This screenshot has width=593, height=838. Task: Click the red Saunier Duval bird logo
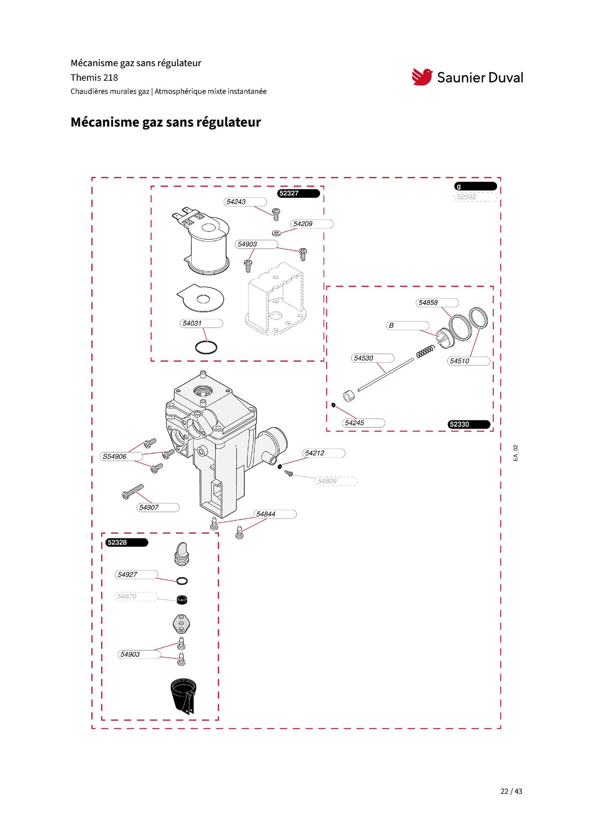422,77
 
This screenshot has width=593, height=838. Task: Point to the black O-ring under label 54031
206,348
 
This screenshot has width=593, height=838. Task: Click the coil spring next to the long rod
425,352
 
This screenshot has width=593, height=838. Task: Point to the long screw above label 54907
132,492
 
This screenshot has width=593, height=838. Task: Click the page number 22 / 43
511,791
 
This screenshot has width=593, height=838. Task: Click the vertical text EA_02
516,453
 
